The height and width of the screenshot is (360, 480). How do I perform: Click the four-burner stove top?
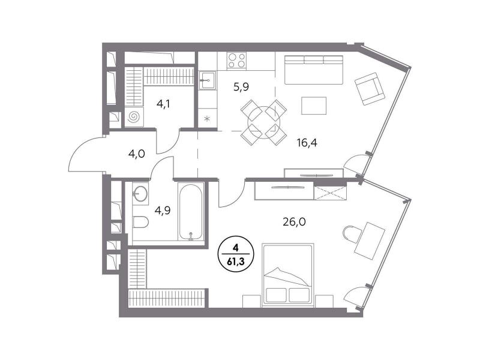click(236, 60)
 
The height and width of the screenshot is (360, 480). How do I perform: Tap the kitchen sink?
click(208, 80)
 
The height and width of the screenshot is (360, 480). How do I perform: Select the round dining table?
click(263, 122)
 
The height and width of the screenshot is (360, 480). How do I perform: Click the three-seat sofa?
click(314, 70)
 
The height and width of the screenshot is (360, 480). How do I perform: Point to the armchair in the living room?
click(370, 89)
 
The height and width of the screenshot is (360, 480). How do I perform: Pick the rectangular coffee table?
click(314, 106)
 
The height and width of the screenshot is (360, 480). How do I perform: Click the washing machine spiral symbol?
click(134, 116)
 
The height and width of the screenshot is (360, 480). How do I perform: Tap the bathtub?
click(191, 212)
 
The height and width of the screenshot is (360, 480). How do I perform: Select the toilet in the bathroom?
click(140, 222)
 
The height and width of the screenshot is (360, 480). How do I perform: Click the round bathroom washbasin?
click(140, 193)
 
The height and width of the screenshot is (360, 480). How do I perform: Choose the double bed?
click(288, 275)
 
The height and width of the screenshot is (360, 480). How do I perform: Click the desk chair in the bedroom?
click(353, 235)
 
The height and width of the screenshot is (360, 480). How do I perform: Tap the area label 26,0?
click(294, 221)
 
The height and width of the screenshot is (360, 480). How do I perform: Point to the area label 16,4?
click(307, 142)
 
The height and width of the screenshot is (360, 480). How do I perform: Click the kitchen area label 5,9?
click(241, 87)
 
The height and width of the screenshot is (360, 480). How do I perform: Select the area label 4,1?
click(163, 104)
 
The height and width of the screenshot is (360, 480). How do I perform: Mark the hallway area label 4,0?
click(137, 154)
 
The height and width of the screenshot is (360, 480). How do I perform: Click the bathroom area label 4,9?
click(163, 211)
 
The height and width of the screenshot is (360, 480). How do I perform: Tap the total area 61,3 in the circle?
click(236, 262)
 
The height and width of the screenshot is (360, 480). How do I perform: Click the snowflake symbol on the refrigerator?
click(207, 118)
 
